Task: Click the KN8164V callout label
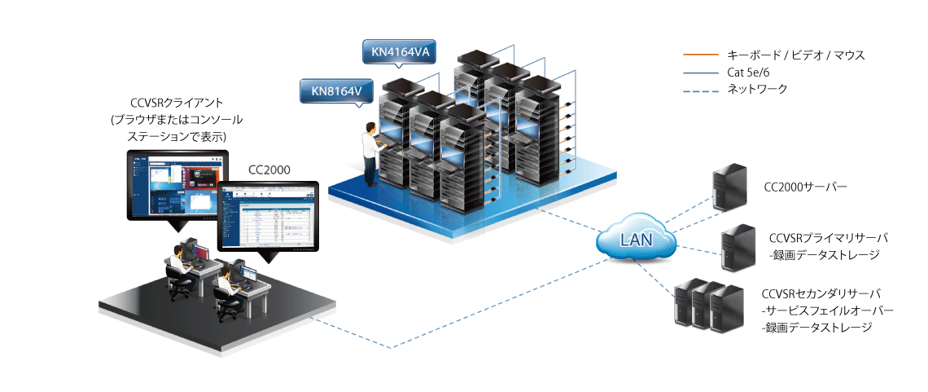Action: click(x=336, y=91)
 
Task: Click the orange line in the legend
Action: click(x=699, y=55)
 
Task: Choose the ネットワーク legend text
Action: click(x=758, y=89)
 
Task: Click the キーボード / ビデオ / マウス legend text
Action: click(x=795, y=55)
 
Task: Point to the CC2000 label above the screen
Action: click(x=271, y=170)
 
